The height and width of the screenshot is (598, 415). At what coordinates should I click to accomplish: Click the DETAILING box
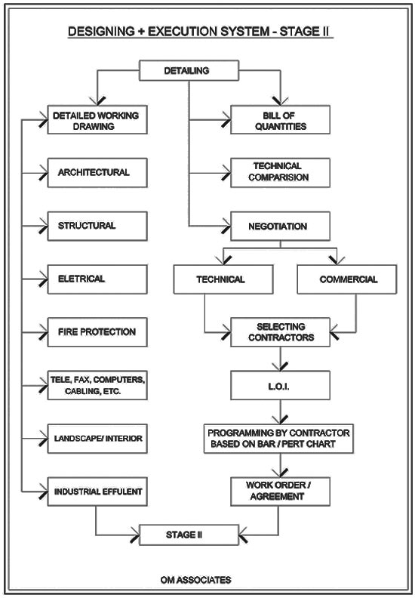tap(189, 70)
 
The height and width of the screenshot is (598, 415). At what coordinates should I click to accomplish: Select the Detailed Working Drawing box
tap(97, 120)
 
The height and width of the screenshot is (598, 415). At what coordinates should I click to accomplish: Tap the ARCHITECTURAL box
tap(97, 173)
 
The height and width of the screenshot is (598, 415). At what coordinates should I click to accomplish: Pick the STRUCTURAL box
tap(97, 227)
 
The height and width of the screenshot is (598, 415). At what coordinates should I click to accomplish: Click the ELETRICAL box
tap(97, 279)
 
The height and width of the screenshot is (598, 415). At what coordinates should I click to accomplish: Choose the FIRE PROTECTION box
tap(97, 332)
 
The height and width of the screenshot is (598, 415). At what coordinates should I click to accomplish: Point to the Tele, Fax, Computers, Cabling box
tap(97, 385)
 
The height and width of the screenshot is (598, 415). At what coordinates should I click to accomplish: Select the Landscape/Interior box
tap(97, 439)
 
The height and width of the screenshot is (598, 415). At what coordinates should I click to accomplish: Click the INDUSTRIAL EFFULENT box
tap(97, 492)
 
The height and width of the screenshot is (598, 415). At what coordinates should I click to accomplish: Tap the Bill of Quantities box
tap(281, 120)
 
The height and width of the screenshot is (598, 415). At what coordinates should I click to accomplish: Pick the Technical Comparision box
tap(281, 173)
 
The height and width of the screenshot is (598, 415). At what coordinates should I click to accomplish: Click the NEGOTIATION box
tap(281, 227)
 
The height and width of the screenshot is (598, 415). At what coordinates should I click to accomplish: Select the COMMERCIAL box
tap(347, 279)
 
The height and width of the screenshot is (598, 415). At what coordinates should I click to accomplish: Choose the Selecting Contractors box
tap(281, 332)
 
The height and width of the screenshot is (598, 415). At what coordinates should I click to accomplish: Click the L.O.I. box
tap(281, 385)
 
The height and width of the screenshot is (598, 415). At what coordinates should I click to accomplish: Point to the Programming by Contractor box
tap(278, 439)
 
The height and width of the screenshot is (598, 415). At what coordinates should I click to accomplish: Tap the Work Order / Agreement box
tap(281, 492)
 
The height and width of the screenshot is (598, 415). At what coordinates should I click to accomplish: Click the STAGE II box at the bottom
tap(189, 535)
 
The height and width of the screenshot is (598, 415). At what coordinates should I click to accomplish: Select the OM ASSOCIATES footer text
tap(195, 580)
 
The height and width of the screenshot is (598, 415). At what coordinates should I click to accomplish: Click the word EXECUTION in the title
tap(208, 31)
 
